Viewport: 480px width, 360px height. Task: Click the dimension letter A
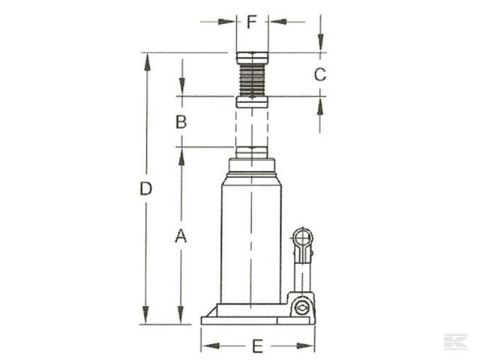[x=180, y=236]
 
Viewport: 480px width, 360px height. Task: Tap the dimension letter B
[x=181, y=121]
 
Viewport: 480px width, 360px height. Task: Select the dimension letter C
[x=319, y=74]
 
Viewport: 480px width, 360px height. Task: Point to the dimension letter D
[x=146, y=188]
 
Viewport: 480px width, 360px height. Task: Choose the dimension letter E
[x=257, y=346]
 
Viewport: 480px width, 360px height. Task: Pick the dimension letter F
[x=252, y=21]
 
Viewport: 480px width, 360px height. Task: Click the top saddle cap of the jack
[x=252, y=57]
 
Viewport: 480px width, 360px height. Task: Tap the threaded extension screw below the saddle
[x=252, y=79]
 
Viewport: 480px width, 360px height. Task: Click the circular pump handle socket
[x=303, y=238]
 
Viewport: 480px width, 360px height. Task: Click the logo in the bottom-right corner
[x=454, y=341]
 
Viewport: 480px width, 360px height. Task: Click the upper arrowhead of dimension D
[x=146, y=59]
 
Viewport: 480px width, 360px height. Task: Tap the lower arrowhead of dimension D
[x=146, y=318]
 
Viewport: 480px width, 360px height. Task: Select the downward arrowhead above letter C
[x=320, y=46]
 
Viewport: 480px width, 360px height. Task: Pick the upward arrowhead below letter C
[x=320, y=103]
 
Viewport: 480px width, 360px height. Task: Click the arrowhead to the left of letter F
[x=230, y=21]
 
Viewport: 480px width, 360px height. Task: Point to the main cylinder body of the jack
[x=251, y=232]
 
